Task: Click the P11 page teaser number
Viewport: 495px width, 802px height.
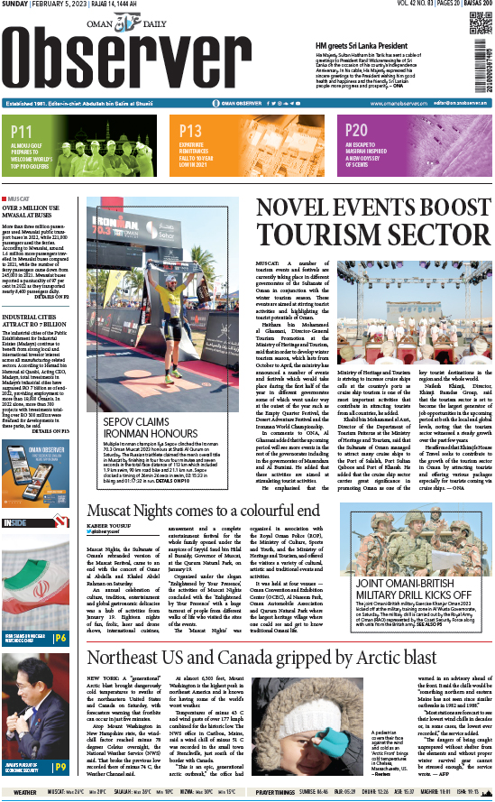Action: pyautogui.click(x=23, y=132)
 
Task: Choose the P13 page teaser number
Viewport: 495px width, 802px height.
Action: pyautogui.click(x=190, y=131)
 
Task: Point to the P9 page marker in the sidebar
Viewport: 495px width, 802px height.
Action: pyautogui.click(x=59, y=768)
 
